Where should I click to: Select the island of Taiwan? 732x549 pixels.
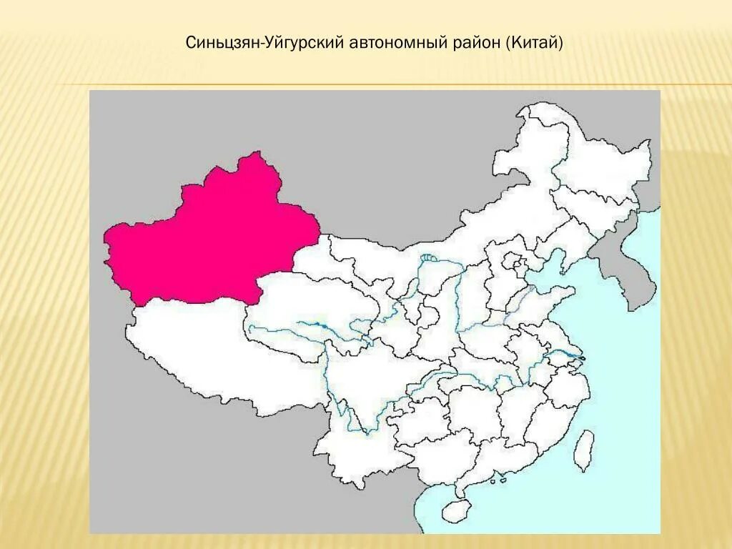(585, 448)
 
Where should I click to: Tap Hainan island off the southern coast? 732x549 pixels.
(453, 510)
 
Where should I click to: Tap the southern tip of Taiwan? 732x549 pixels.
(584, 470)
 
